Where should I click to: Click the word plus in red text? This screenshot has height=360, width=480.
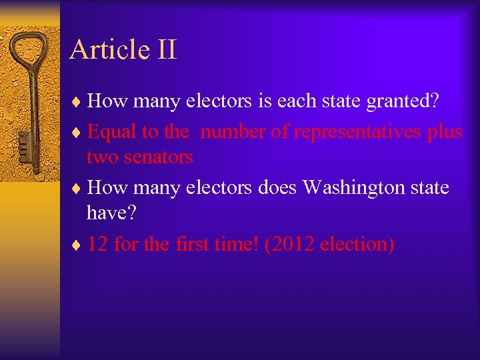pyautogui.click(x=445, y=131)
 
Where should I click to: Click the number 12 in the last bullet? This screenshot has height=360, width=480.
pyautogui.click(x=97, y=244)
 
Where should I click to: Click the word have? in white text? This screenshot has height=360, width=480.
pyautogui.click(x=109, y=213)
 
